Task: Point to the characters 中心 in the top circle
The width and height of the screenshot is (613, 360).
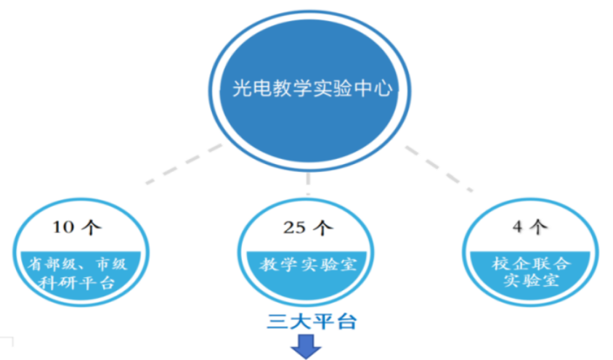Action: pyautogui.click(x=376, y=89)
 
